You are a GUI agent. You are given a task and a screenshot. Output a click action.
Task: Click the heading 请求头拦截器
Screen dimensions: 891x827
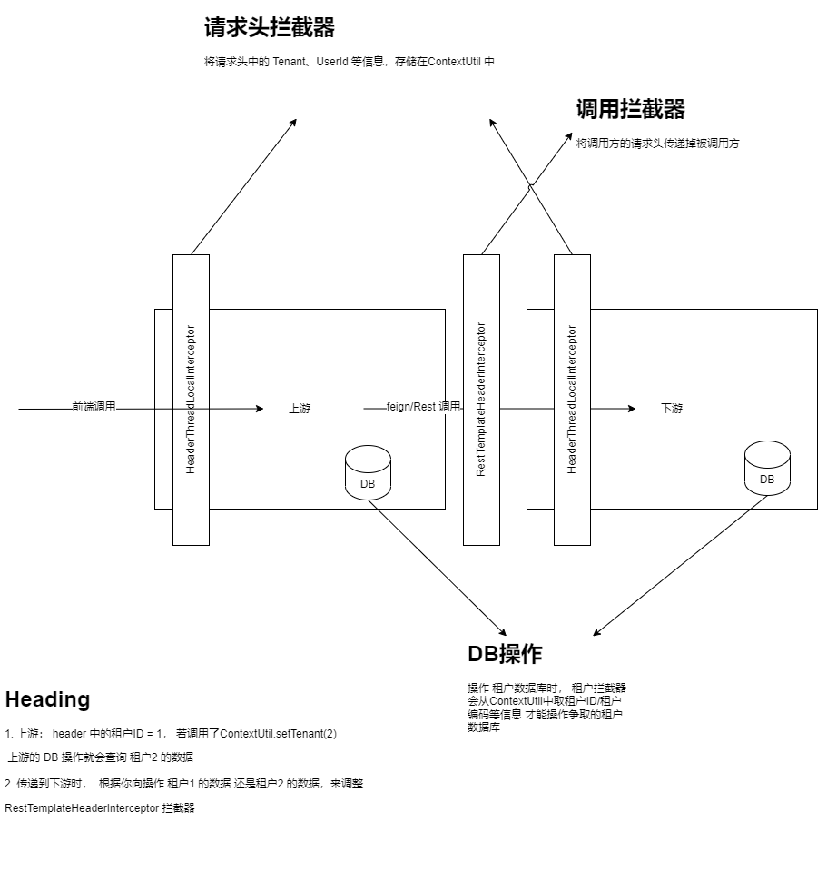tap(269, 28)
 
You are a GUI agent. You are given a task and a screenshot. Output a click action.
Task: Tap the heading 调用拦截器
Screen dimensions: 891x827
tap(630, 110)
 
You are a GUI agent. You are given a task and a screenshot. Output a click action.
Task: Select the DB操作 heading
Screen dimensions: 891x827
tap(505, 654)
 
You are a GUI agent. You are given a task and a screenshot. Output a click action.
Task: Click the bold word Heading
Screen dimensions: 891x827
tap(47, 699)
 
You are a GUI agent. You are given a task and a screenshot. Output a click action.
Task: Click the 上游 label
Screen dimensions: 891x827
tap(300, 409)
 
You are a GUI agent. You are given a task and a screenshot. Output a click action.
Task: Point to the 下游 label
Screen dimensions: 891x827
tap(672, 409)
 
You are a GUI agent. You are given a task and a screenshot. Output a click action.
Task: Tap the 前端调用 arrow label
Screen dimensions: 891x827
tap(94, 407)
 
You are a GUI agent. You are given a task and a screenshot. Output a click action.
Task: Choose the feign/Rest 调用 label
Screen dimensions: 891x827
tap(423, 407)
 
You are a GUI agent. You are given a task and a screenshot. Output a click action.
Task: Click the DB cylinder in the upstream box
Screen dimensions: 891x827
tap(368, 473)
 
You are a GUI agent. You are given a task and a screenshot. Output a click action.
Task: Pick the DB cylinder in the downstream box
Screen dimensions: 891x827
tap(767, 469)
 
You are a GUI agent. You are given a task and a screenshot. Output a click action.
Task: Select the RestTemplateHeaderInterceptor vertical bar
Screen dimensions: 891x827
tap(481, 400)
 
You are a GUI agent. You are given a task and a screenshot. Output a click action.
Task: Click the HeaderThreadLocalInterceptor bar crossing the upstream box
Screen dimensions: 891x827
tap(191, 400)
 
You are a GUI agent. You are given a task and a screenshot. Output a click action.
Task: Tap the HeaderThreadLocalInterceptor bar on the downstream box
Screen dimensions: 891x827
tap(572, 400)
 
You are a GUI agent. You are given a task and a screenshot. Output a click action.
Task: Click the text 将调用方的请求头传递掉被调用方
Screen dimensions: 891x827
tap(657, 144)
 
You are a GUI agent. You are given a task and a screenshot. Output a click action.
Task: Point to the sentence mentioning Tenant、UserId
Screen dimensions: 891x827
tap(350, 62)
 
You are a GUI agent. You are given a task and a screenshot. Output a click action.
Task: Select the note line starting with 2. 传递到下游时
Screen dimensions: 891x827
tap(183, 784)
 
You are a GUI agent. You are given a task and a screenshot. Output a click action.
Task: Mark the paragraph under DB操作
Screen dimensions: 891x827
tap(546, 708)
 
